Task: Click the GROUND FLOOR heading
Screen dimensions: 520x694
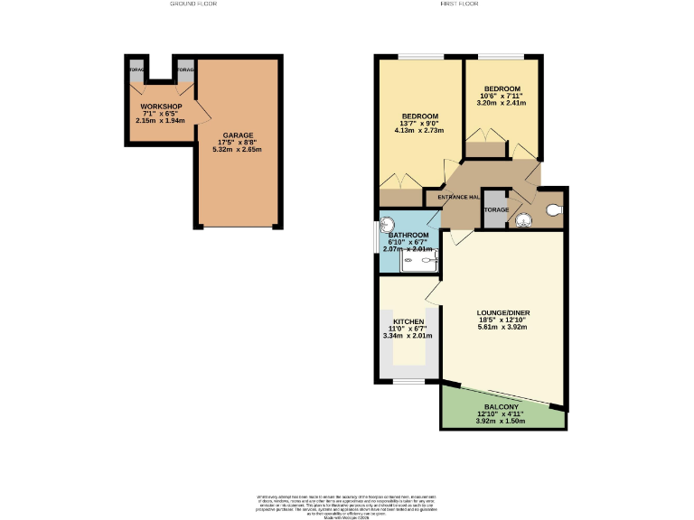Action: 193,5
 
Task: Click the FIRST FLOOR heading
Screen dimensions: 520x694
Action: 459,5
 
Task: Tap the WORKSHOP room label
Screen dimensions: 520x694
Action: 161,107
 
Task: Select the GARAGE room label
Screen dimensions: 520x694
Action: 238,135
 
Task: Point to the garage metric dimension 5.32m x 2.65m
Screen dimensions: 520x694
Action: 237,150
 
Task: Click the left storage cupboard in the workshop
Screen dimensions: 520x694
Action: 136,70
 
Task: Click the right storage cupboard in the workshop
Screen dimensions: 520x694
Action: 185,70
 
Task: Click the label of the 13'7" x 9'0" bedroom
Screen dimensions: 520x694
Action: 420,116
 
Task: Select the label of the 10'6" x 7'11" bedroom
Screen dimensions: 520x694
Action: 502,88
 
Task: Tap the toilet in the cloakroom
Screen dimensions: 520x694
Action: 553,211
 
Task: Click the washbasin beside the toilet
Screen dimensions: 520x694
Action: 521,218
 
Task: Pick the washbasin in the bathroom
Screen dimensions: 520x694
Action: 388,226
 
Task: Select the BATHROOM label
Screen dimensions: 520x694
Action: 408,236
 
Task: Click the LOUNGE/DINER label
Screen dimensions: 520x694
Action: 503,312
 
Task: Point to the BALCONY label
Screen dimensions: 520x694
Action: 501,406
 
